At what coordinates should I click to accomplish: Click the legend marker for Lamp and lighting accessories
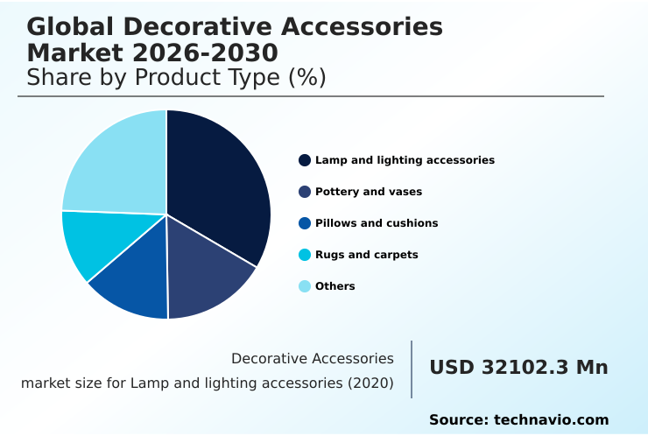[x=305, y=160]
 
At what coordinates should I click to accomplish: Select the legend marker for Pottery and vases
[x=305, y=192]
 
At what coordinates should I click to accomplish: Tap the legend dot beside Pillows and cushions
[x=305, y=223]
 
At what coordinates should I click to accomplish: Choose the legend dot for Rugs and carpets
[x=305, y=255]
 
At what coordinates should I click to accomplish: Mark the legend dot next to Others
[x=305, y=286]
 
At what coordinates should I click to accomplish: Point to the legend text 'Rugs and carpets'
[x=367, y=255]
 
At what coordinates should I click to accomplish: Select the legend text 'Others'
[x=335, y=286]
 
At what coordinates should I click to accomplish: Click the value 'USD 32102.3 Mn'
[x=518, y=368]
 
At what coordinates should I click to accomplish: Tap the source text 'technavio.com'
[x=551, y=420]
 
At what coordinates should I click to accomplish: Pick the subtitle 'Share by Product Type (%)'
[x=176, y=77]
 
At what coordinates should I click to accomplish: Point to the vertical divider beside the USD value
[x=412, y=369]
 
